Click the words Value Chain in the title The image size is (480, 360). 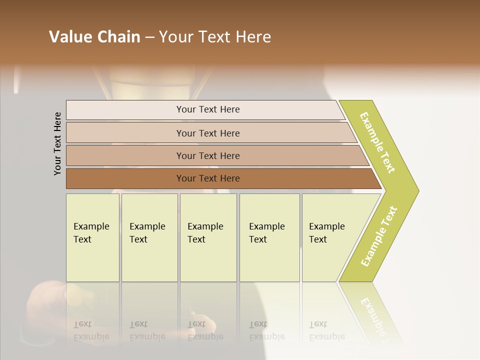point(94,37)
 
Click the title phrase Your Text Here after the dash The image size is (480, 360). point(215,37)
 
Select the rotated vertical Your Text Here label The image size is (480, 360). point(57,143)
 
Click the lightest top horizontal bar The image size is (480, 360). point(125,110)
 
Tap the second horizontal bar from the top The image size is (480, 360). point(125,133)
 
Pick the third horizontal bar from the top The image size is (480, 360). point(125,155)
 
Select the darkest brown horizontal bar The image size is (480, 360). point(125,178)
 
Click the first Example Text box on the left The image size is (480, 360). point(92,237)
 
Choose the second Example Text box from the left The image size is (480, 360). point(149,237)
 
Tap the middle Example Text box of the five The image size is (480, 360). point(208,237)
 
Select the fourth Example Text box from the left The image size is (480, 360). point(269,237)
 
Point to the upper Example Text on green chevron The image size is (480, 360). point(377,142)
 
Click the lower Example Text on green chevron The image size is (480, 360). point(379,236)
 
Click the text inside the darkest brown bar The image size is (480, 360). point(208,178)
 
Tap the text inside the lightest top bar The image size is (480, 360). point(208,109)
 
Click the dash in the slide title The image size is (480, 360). point(149,37)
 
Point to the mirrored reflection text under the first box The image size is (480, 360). point(91,330)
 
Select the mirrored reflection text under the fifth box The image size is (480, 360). point(326,330)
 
